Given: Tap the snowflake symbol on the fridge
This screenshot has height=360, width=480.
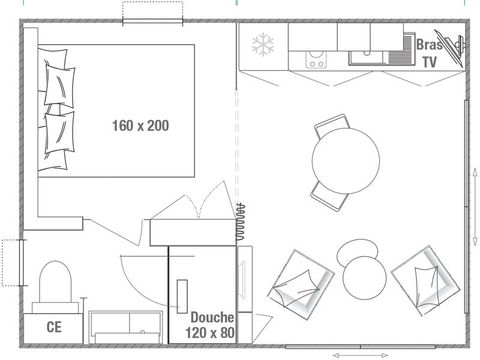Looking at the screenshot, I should (263, 44).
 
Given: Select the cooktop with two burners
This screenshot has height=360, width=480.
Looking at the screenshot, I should (317, 58).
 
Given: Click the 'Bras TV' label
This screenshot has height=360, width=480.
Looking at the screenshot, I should (428, 53).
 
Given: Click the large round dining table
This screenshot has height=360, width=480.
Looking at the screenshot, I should (346, 157).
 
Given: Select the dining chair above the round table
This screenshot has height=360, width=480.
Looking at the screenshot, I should (331, 127).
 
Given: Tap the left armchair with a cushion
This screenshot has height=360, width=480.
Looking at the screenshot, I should (299, 280).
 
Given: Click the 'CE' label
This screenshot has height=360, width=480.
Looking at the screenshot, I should (55, 326).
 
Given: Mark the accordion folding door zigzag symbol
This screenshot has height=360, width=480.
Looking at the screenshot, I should (240, 220).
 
